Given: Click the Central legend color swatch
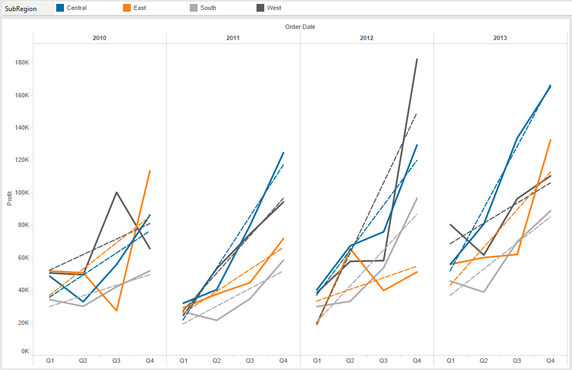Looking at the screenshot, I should coord(60,8).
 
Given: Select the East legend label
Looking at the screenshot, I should coord(140,8).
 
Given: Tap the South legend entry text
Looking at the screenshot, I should coord(208,8).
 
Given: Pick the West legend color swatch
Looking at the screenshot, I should coord(260,8).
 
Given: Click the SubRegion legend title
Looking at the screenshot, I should coord(21,8).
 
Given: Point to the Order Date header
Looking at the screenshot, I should coord(300,27).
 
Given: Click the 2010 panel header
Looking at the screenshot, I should coord(100,38).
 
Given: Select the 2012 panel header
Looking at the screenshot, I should coord(367,38).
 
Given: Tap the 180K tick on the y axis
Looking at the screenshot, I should coord(22,63).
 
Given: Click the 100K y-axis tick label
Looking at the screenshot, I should coord(22,193).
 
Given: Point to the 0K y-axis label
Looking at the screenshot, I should coord(25,351).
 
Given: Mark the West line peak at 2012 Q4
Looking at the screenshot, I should coord(417,59).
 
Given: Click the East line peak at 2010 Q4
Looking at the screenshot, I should coord(150,171).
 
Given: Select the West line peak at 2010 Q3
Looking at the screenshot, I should coord(116,193).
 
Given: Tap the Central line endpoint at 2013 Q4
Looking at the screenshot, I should coord(550,86).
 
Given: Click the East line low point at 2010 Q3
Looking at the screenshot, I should coord(116,310).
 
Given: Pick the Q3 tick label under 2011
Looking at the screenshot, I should coord(250,361).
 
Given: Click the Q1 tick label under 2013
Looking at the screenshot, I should coord(450,361).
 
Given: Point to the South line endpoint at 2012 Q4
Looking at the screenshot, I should coord(417,198).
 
